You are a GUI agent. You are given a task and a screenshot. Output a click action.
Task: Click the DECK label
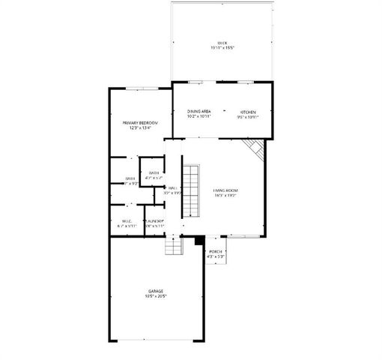click(222, 43)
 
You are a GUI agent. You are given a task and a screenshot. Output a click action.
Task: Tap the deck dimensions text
click(222, 49)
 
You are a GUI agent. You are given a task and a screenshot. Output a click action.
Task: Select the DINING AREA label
click(199, 111)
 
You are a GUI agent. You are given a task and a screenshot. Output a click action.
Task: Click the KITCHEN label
click(247, 111)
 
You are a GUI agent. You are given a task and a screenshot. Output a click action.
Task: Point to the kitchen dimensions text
click(247, 116)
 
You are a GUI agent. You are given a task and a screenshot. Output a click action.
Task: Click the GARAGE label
click(156, 291)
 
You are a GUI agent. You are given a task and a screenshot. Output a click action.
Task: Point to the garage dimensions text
click(156, 296)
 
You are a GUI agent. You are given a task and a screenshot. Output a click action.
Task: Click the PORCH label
click(216, 251)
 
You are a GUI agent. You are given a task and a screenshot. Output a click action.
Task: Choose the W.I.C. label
click(127, 220)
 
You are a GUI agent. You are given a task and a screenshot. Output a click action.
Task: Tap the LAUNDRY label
click(155, 220)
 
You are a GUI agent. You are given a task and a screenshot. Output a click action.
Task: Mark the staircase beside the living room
click(192, 190)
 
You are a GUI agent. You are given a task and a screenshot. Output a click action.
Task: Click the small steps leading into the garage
click(174, 245)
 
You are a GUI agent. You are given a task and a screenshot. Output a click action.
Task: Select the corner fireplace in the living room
click(258, 148)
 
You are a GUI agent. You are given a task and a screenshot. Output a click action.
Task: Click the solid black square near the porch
click(199, 241)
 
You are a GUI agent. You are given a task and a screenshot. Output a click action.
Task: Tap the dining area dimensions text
click(199, 116)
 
